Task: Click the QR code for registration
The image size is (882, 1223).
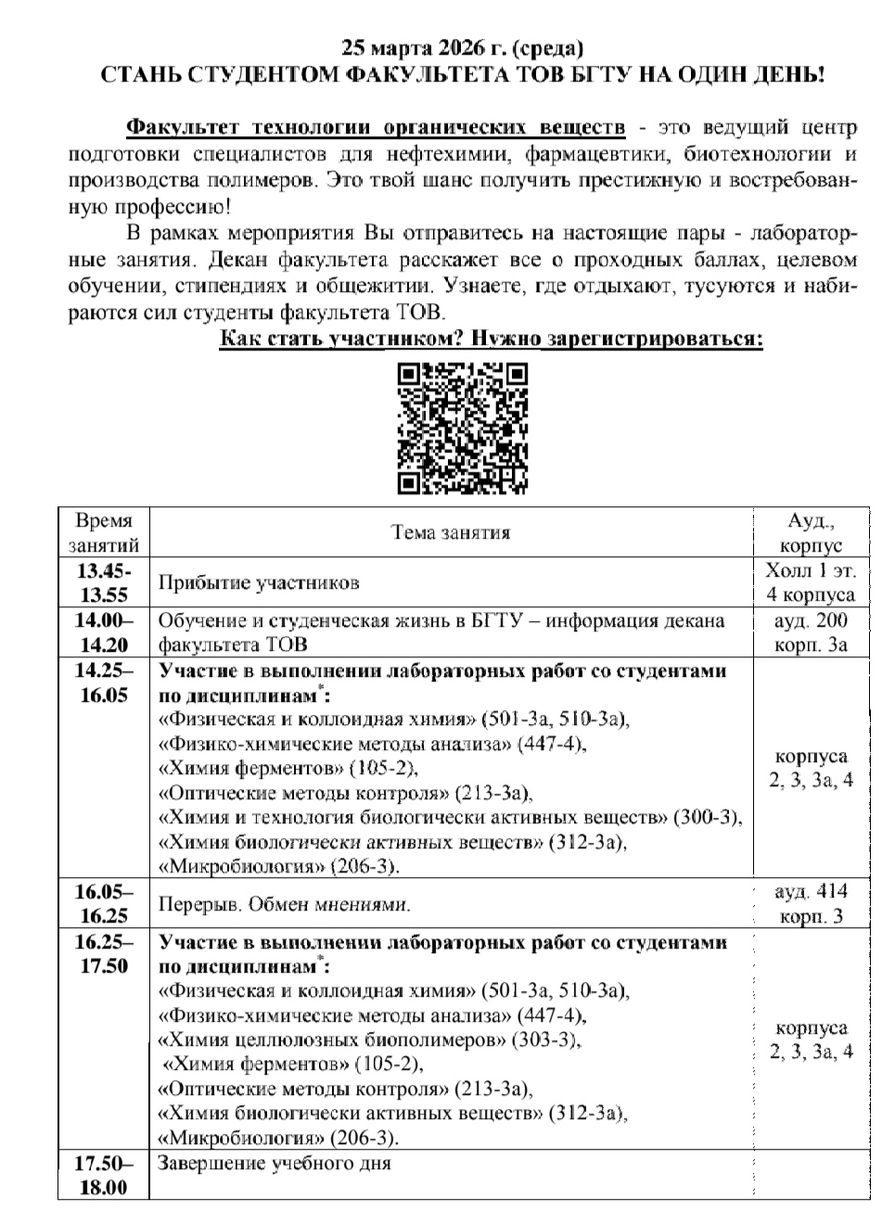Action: pyautogui.click(x=462, y=427)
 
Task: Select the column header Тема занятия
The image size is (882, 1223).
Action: pyautogui.click(x=451, y=532)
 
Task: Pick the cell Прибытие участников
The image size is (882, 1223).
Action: pyautogui.click(x=259, y=583)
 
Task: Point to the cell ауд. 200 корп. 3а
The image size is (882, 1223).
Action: pyautogui.click(x=811, y=632)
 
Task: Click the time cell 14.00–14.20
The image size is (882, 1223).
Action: pyautogui.click(x=103, y=632)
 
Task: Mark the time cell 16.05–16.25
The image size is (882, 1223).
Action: pyautogui.click(x=103, y=903)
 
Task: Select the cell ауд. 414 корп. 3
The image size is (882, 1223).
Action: pyautogui.click(x=811, y=903)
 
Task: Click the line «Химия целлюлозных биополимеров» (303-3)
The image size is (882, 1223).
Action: pyautogui.click(x=371, y=1039)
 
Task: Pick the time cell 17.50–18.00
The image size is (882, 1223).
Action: pyautogui.click(x=103, y=1175)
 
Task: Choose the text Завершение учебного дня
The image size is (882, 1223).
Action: pyautogui.click(x=275, y=1164)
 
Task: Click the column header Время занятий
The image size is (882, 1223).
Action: pyautogui.click(x=103, y=532)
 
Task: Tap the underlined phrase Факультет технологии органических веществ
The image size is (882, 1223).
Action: pyautogui.click(x=375, y=127)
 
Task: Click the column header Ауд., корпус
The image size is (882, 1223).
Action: pyautogui.click(x=811, y=532)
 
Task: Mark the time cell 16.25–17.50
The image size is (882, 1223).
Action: pyautogui.click(x=103, y=955)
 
